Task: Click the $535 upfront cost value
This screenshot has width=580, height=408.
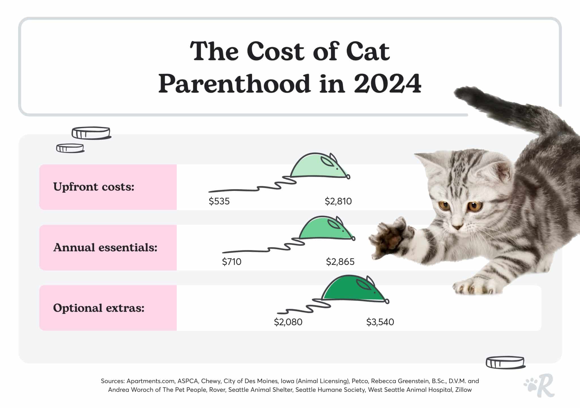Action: pyautogui.click(x=219, y=201)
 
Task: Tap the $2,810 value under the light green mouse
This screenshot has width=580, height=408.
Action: pyautogui.click(x=338, y=201)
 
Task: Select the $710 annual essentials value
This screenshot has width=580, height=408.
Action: pyautogui.click(x=231, y=262)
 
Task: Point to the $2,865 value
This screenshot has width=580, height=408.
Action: pyautogui.click(x=340, y=262)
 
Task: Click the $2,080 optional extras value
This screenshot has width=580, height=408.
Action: pyautogui.click(x=288, y=322)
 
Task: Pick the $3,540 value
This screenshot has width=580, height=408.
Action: pyautogui.click(x=380, y=322)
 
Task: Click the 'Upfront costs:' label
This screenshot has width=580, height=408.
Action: pyautogui.click(x=94, y=187)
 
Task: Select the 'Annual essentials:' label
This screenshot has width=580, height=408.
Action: pyautogui.click(x=105, y=247)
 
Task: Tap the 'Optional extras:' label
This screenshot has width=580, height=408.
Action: pyautogui.click(x=99, y=308)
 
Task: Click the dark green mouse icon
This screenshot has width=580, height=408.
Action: pyautogui.click(x=354, y=289)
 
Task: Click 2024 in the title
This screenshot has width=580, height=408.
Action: pyautogui.click(x=387, y=84)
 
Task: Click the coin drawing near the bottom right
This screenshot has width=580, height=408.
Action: pyautogui.click(x=505, y=363)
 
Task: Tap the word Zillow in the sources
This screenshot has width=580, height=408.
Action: pyautogui.click(x=463, y=390)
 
